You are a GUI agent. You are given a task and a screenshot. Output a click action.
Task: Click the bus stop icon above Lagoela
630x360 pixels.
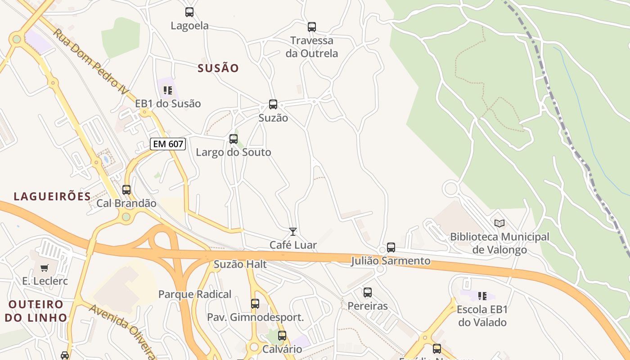189,12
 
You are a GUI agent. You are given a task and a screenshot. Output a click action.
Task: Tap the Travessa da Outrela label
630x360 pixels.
312,47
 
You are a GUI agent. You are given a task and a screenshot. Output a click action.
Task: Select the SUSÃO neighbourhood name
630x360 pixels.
218,68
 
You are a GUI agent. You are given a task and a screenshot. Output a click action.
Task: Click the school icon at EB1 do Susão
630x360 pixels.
168,90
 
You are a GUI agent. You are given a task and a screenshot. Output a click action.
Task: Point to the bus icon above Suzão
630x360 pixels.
273,104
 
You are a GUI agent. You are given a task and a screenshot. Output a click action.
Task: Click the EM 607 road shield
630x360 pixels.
168,144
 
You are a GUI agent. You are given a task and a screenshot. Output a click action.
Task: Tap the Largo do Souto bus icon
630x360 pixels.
234,139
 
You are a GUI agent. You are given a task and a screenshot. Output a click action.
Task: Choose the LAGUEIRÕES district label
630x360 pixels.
52,197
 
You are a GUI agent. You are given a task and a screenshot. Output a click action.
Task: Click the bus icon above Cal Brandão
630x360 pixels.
126,190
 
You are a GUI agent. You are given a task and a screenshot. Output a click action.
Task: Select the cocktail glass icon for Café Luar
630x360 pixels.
293,232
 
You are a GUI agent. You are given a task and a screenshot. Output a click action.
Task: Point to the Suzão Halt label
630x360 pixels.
240,265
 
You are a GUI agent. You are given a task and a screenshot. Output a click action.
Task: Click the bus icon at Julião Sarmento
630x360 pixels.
391,247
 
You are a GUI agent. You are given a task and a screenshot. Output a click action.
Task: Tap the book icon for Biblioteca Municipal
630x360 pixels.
499,223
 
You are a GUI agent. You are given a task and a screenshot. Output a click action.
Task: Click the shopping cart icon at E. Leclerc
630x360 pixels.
45,268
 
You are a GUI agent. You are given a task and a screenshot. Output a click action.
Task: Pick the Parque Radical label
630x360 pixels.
195,295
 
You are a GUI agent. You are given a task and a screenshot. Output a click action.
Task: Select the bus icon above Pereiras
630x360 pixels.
368,292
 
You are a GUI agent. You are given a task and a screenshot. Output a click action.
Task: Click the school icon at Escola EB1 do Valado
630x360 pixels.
482,296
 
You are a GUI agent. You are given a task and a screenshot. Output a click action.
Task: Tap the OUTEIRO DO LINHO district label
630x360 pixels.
36,311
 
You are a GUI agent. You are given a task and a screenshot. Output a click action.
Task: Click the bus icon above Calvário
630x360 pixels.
282,336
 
